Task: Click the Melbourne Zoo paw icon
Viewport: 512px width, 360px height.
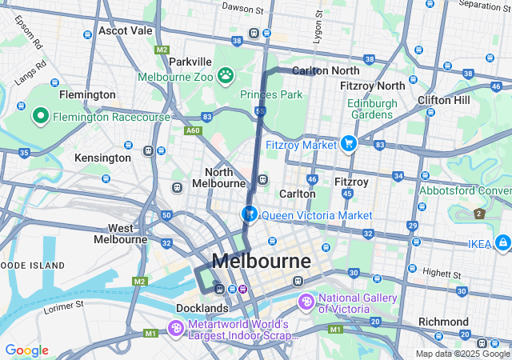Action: click(226, 77)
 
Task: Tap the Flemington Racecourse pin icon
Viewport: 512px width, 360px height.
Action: click(41, 117)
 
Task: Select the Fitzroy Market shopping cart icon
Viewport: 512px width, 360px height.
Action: click(348, 144)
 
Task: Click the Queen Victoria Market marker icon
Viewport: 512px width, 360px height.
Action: click(250, 214)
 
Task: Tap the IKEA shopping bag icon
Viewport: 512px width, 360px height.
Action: click(502, 242)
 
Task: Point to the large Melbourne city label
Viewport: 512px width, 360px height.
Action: click(262, 262)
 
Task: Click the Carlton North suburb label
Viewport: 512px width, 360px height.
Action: click(319, 70)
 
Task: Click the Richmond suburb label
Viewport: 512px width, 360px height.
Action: click(442, 322)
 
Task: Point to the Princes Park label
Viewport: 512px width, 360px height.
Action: click(271, 94)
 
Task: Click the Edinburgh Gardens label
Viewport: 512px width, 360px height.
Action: click(372, 109)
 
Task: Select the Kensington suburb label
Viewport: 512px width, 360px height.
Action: click(102, 158)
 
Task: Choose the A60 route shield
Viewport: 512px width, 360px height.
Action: click(193, 130)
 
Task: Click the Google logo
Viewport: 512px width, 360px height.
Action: click(26, 350)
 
